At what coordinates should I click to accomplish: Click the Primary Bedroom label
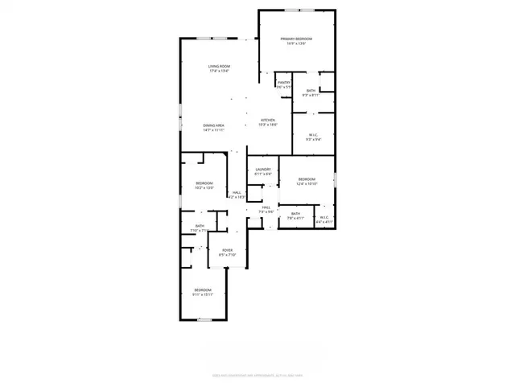(296, 39)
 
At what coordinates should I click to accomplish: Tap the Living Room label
(219, 66)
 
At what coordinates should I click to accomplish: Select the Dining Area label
(213, 125)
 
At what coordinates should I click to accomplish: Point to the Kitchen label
(268, 121)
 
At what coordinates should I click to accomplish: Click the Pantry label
(284, 82)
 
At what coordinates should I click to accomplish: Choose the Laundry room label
(263, 169)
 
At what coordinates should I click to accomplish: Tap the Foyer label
(228, 250)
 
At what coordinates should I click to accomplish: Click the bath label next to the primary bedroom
(311, 91)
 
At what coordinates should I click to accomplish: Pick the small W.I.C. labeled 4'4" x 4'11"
(323, 217)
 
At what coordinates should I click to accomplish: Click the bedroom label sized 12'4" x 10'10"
(307, 179)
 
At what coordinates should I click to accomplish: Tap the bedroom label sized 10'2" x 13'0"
(204, 184)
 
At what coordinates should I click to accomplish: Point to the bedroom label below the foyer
(202, 289)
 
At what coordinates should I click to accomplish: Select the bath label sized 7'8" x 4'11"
(295, 213)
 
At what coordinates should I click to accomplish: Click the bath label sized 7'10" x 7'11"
(200, 226)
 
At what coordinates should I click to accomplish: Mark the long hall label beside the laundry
(237, 193)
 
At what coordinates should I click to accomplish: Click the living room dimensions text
(219, 71)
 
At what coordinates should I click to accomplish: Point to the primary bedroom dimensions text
(296, 43)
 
